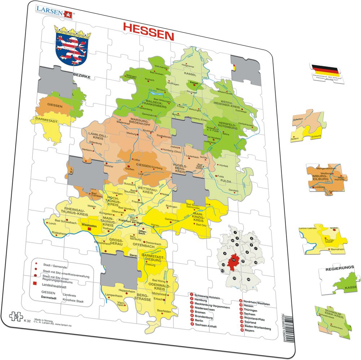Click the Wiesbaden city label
click(x=89, y=224)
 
